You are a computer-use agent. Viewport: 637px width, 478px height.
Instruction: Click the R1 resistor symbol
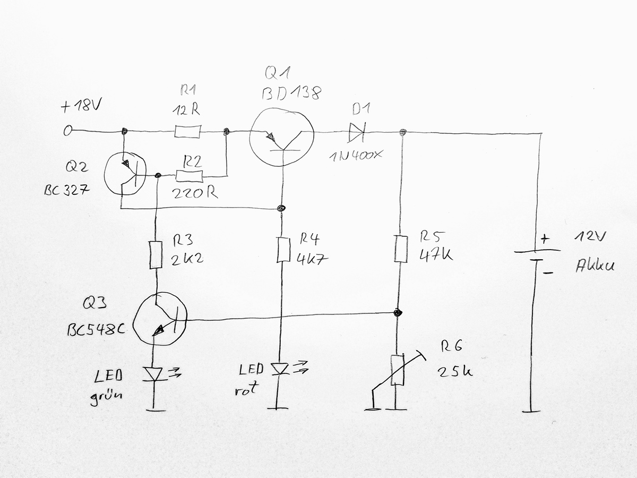[x=187, y=131]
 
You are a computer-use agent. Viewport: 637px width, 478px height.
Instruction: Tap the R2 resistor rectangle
[x=189, y=176]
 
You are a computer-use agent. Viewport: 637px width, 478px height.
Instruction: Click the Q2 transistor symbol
[x=125, y=174]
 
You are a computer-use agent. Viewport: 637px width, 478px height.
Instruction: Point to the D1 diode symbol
[x=355, y=132]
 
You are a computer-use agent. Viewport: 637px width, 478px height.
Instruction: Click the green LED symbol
[x=154, y=374]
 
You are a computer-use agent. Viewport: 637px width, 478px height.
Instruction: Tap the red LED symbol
[x=280, y=368]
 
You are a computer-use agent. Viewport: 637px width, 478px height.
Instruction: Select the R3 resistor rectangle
[x=156, y=255]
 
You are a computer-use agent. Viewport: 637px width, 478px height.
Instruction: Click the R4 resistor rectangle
[x=283, y=250]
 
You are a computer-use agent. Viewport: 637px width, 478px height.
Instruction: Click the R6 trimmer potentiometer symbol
[x=397, y=370]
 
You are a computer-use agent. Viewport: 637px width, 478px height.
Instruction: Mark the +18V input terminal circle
[x=67, y=131]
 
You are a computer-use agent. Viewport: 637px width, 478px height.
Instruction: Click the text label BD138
[x=291, y=94]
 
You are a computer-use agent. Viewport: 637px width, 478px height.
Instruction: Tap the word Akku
[x=595, y=266]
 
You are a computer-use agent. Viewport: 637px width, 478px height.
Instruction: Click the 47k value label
[x=436, y=255]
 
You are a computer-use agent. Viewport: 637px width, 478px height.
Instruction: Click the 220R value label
[x=195, y=193]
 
